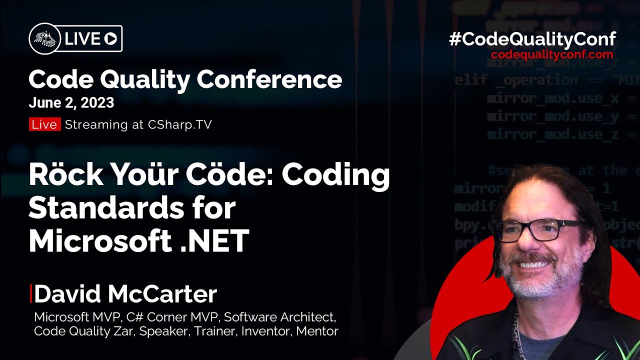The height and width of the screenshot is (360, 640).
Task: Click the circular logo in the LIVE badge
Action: pos(45,39)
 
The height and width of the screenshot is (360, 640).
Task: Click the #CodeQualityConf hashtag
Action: pos(532,39)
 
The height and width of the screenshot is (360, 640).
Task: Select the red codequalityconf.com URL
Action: pos(552,54)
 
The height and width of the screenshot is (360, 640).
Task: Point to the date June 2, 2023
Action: pos(71,102)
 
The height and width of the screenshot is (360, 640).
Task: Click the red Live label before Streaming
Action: pos(44,124)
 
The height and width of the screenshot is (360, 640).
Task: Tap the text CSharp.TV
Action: pos(179,124)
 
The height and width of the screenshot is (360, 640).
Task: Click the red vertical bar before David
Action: pos(31,294)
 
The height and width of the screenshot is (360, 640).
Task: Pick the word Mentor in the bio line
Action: pos(317,331)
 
